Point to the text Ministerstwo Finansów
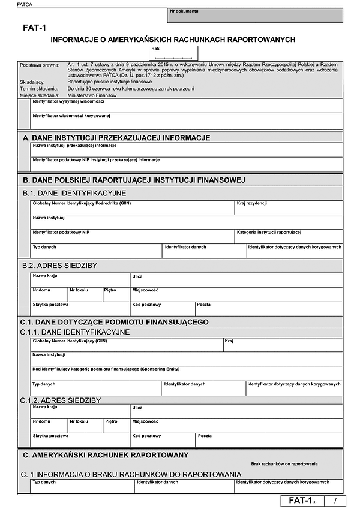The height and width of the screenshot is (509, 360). pyautogui.click(x=92, y=95)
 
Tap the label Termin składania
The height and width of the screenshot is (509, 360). pyautogui.click(x=38, y=88)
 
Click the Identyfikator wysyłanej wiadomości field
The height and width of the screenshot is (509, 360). pyautogui.click(x=187, y=106)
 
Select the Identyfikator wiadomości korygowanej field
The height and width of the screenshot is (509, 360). pyautogui.click(x=187, y=121)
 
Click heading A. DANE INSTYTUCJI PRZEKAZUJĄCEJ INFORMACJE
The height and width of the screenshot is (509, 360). pyautogui.click(x=116, y=138)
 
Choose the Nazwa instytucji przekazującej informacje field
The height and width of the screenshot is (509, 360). pyautogui.click(x=187, y=150)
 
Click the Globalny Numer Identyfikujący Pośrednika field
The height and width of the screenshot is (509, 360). pyautogui.click(x=132, y=208)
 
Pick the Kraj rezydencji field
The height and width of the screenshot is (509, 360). pyautogui.click(x=289, y=208)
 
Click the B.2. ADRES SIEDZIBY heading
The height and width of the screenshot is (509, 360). pyautogui.click(x=59, y=265)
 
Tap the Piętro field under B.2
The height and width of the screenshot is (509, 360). pyautogui.click(x=116, y=294)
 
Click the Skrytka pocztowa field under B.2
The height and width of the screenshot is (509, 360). pyautogui.click(x=80, y=309)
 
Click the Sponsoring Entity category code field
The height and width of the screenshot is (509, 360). pyautogui.click(x=187, y=373)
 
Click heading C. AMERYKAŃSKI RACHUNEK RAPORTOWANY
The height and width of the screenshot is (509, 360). pyautogui.click(x=106, y=455)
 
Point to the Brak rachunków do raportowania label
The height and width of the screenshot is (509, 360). pyautogui.click(x=284, y=464)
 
